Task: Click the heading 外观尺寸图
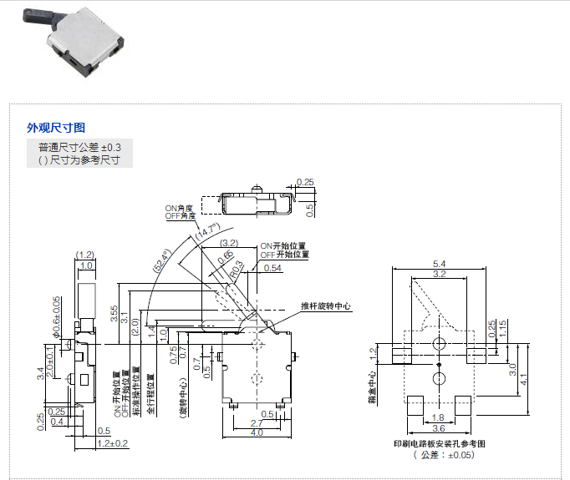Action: tap(56, 128)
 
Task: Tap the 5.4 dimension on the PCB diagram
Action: tap(440, 264)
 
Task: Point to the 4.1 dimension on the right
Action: tap(524, 377)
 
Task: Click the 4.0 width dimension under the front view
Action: tap(257, 432)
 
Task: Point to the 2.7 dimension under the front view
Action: tap(257, 423)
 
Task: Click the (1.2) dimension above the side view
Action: tap(84, 254)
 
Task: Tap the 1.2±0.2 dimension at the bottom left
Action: tap(112, 442)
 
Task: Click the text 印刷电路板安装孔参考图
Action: tap(440, 443)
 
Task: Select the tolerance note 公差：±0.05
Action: tap(442, 455)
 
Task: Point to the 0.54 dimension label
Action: tap(272, 268)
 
